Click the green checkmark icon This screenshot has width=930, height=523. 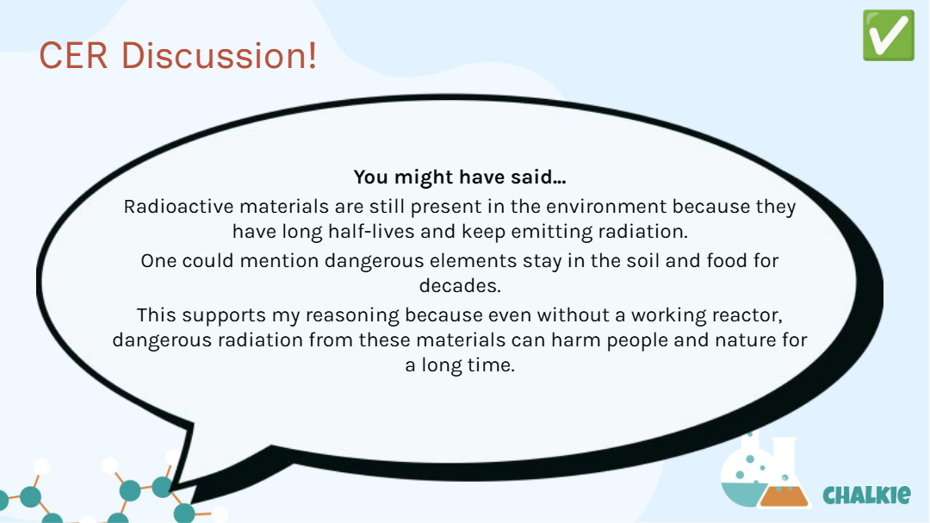point(889,35)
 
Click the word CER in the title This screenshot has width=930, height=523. point(73,56)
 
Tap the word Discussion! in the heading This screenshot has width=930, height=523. point(219,56)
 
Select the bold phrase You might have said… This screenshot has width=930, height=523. point(460,177)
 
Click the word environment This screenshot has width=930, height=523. point(606,207)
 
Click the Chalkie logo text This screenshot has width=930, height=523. point(866,495)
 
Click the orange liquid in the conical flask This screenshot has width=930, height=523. point(784,496)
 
